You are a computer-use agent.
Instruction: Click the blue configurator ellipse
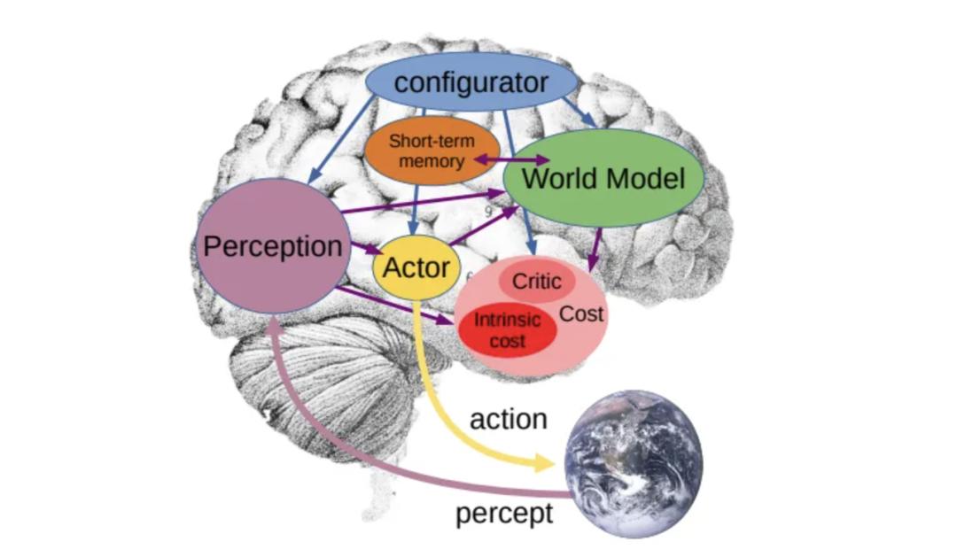(x=471, y=81)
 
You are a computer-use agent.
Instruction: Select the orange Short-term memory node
(x=432, y=151)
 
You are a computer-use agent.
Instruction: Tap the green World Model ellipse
(x=603, y=177)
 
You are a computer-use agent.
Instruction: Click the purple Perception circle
(x=273, y=246)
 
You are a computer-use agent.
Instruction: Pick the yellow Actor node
(x=416, y=267)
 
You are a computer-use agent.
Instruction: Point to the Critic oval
(x=537, y=282)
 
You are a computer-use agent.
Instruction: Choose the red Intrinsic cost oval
(x=507, y=330)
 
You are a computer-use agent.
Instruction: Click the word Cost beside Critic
(x=581, y=313)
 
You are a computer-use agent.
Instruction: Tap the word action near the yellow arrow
(x=509, y=419)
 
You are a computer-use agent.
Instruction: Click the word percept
(x=504, y=513)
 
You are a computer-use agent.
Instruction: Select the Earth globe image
(x=634, y=464)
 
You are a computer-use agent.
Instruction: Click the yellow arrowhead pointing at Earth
(x=544, y=463)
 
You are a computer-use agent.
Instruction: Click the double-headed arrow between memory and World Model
(x=512, y=160)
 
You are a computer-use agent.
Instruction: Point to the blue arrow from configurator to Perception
(x=340, y=140)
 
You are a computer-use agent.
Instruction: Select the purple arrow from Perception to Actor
(x=366, y=249)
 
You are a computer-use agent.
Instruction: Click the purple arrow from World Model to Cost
(x=595, y=249)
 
